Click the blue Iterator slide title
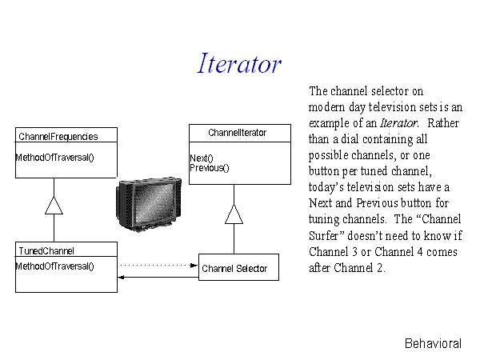pos(239,63)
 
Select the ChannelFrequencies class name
pos(58,137)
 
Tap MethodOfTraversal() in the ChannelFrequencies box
pos(54,158)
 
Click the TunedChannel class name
pos(46,251)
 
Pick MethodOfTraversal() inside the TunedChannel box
pos(54,266)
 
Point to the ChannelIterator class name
pos(238,133)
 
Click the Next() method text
pos(202,158)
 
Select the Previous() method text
pos(210,168)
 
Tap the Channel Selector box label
pos(234,269)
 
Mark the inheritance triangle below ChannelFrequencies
pos(54,205)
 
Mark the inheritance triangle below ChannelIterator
pos(234,214)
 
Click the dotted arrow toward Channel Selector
pos(159,265)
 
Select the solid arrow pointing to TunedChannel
pos(158,278)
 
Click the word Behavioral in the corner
pos(433,343)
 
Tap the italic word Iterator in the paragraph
pos(399,123)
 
